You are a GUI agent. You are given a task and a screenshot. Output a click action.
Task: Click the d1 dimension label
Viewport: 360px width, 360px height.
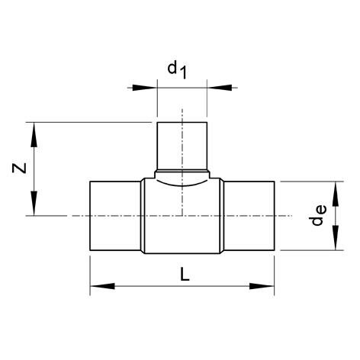(x=177, y=70)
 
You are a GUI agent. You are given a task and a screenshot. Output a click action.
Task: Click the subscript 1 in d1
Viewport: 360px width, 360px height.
(x=183, y=73)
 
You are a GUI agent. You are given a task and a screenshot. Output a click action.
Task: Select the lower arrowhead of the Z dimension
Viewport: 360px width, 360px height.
(x=34, y=206)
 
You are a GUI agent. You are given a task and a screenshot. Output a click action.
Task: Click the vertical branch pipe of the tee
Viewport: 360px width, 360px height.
(x=182, y=145)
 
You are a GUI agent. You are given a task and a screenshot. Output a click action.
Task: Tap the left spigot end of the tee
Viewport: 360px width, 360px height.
(x=115, y=216)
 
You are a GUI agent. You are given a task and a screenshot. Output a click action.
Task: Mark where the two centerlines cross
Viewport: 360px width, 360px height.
(x=182, y=216)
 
